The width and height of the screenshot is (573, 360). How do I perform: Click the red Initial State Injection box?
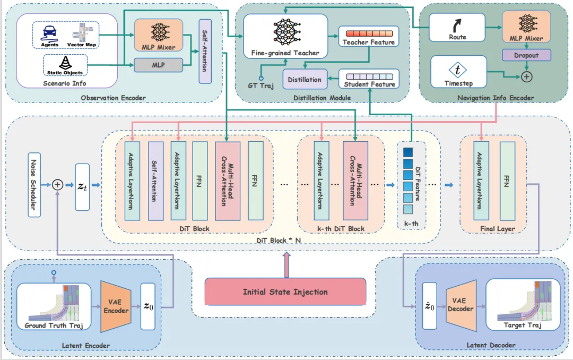tap(285, 292)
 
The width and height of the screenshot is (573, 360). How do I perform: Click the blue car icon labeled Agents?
tap(49, 32)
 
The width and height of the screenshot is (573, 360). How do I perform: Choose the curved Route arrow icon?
tap(457, 25)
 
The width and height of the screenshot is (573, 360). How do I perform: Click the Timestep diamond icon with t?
tap(457, 71)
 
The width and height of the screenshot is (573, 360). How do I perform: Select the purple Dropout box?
tap(526, 55)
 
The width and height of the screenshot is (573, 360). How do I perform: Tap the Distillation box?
tap(305, 80)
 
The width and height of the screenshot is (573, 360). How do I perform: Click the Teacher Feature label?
tap(368, 42)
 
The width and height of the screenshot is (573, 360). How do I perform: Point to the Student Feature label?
tap(369, 84)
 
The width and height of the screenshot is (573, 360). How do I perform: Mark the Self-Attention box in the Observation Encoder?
tap(205, 52)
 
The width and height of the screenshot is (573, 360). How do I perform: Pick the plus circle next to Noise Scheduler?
tap(57, 184)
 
